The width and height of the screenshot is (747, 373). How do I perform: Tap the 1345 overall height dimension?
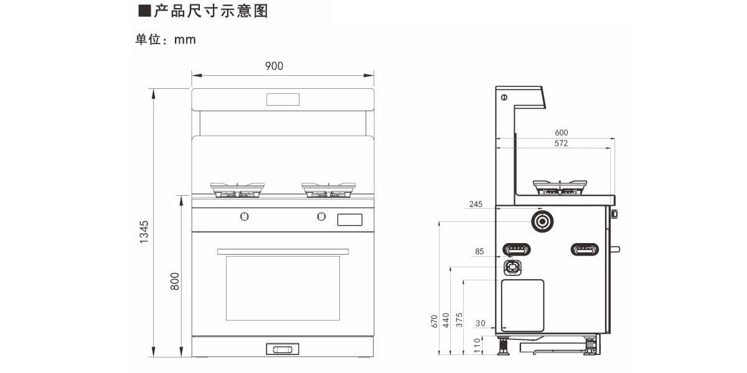(144, 231)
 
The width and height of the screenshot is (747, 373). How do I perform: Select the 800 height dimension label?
(175, 281)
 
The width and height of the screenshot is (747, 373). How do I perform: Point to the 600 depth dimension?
(561, 132)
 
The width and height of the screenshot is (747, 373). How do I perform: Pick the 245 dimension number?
(476, 204)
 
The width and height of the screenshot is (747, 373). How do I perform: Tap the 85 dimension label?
(479, 252)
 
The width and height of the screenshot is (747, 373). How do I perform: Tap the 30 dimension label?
(479, 323)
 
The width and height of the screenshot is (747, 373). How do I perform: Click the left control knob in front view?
(245, 216)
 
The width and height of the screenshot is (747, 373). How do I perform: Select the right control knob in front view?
(321, 216)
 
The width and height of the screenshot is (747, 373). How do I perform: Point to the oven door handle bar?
(283, 251)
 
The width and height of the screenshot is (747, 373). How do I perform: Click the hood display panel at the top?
(283, 99)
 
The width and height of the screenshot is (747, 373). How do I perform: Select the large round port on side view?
(542, 221)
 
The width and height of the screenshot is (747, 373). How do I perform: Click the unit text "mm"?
(185, 40)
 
